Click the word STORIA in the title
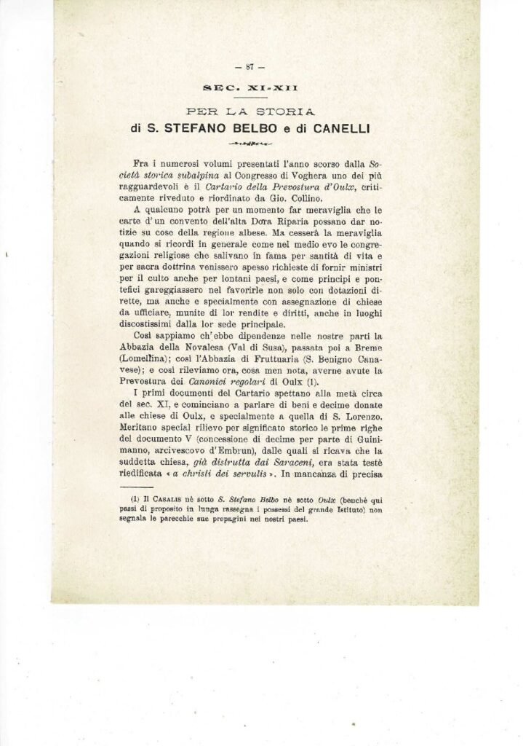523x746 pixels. coord(290,112)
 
